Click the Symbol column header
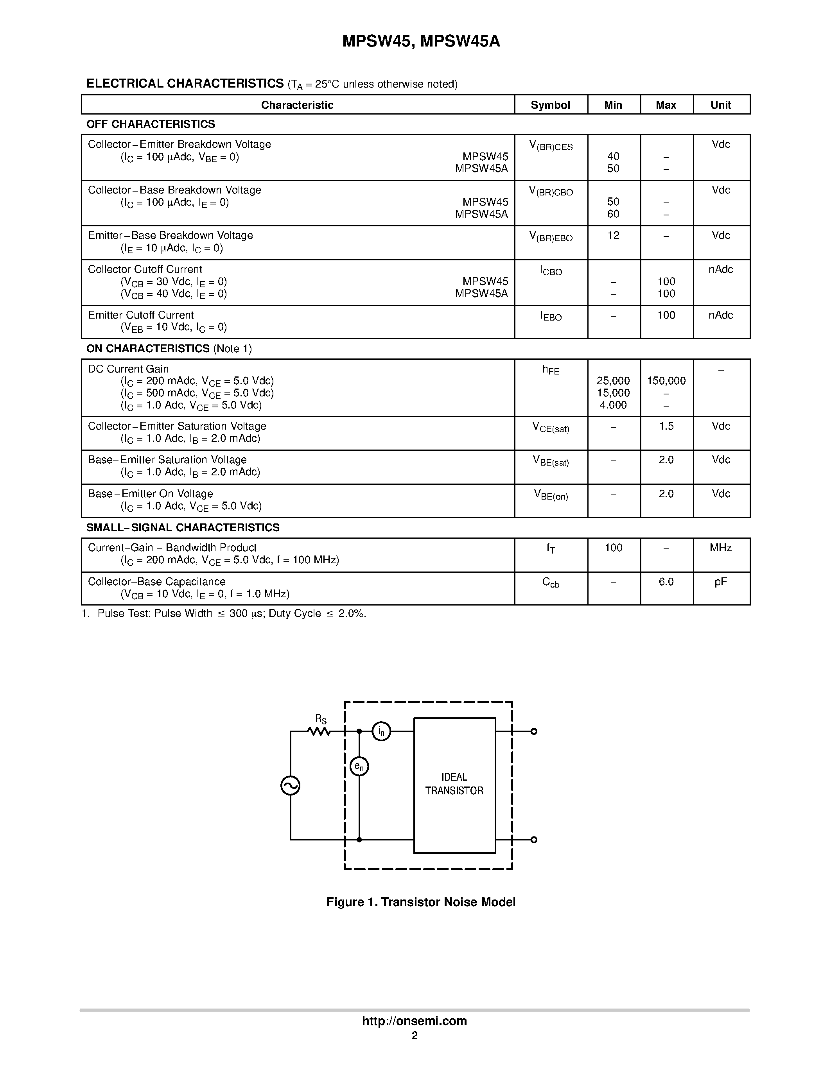550,105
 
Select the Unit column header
720,105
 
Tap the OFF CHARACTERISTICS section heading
151,124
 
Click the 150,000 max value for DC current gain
666,380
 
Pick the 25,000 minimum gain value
613,380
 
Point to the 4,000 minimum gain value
613,405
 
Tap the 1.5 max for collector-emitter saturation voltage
666,426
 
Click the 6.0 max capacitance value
666,582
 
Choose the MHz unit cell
720,548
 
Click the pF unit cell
720,582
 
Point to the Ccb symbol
550,583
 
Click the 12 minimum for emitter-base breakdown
613,235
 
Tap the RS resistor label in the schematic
321,720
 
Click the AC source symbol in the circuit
291,786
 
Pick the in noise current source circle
381,731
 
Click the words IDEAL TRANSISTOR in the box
454,784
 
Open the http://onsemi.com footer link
415,1021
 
